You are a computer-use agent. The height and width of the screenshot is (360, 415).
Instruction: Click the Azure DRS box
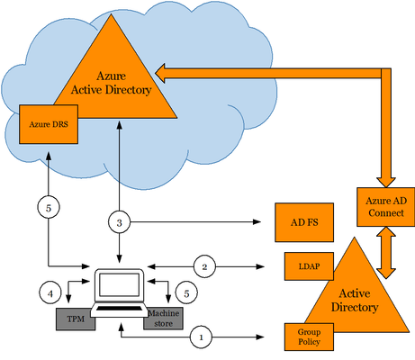click(x=49, y=124)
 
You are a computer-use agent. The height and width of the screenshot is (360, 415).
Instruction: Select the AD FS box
click(x=304, y=222)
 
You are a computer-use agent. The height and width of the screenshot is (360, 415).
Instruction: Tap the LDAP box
click(x=309, y=266)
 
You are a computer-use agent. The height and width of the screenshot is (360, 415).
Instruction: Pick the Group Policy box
click(x=309, y=337)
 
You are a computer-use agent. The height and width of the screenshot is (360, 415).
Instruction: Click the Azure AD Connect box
click(x=386, y=207)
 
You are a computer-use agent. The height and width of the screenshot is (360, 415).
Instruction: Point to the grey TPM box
click(x=76, y=319)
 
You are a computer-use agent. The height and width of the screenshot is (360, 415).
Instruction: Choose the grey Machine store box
click(x=164, y=319)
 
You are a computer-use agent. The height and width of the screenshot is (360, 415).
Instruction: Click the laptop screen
click(x=119, y=285)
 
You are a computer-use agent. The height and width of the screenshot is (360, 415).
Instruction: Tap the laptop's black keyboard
click(x=119, y=309)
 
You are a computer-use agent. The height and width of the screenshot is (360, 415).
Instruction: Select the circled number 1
click(x=201, y=337)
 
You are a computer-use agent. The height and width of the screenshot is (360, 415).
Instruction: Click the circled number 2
click(x=204, y=266)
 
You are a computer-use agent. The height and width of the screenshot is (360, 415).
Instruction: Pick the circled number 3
click(x=120, y=222)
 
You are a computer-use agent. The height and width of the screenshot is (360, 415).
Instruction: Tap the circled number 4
click(x=50, y=292)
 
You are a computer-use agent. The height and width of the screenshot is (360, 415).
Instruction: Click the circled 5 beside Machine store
click(x=186, y=292)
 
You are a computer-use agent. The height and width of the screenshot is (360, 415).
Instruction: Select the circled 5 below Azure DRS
click(x=49, y=208)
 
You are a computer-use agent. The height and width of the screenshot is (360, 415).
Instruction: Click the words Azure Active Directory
click(x=111, y=83)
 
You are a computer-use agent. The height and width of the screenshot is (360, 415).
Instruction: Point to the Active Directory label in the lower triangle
click(x=355, y=301)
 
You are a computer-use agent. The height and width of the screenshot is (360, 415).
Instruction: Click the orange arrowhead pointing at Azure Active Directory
click(x=160, y=73)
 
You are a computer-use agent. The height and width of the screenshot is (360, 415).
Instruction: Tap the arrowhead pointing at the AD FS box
click(x=257, y=222)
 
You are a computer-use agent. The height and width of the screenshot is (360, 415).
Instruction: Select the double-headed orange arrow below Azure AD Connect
click(x=386, y=253)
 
